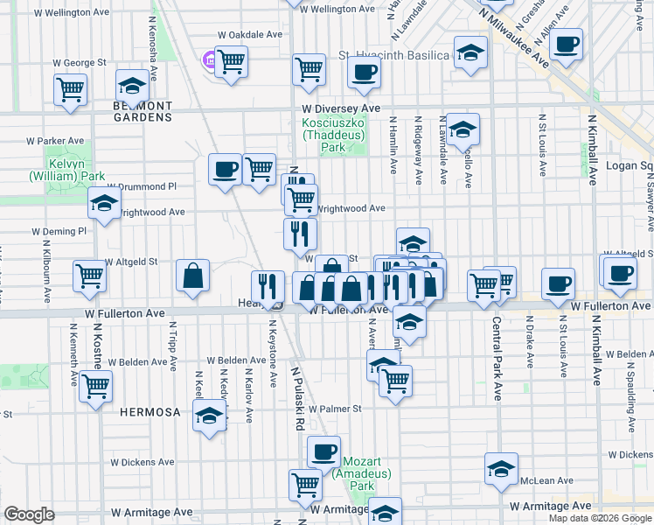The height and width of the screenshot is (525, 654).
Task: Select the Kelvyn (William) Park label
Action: click(66, 170)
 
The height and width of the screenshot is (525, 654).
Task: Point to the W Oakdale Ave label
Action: click(250, 34)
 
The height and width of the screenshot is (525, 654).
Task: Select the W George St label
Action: click(79, 63)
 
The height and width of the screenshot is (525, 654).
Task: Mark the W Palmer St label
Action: click(332, 409)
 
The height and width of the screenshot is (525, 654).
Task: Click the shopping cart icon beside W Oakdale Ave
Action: click(232, 62)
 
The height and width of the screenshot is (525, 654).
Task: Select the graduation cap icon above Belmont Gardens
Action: click(131, 86)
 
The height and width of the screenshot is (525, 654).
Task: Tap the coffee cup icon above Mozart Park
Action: click(324, 451)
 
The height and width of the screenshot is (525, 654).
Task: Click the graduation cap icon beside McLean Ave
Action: click(501, 469)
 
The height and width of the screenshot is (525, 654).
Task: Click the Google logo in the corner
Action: click(29, 514)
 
